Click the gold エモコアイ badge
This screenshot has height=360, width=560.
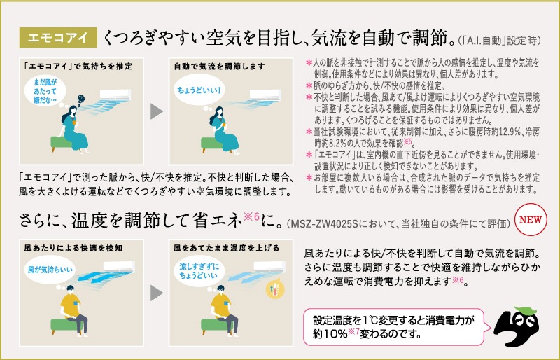point(58,37)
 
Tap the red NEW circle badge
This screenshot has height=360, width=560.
point(531,219)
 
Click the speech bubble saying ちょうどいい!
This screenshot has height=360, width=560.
point(199,90)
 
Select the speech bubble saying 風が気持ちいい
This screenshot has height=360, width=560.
point(50,270)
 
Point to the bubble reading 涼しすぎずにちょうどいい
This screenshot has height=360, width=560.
point(199,271)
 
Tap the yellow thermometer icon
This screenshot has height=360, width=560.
point(275,289)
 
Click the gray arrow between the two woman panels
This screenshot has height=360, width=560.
point(156,111)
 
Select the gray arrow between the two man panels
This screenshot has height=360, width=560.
point(156,293)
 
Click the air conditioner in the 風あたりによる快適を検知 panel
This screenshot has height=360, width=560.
point(119,267)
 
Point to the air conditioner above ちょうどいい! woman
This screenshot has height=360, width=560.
point(265,95)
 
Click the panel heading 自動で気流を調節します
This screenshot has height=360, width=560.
point(219,67)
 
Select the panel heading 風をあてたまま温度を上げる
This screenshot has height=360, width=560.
point(226,248)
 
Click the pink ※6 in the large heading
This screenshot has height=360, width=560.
point(251,216)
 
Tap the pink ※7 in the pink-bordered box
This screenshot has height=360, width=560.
point(353,331)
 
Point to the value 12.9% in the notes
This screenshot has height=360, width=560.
point(503,132)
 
